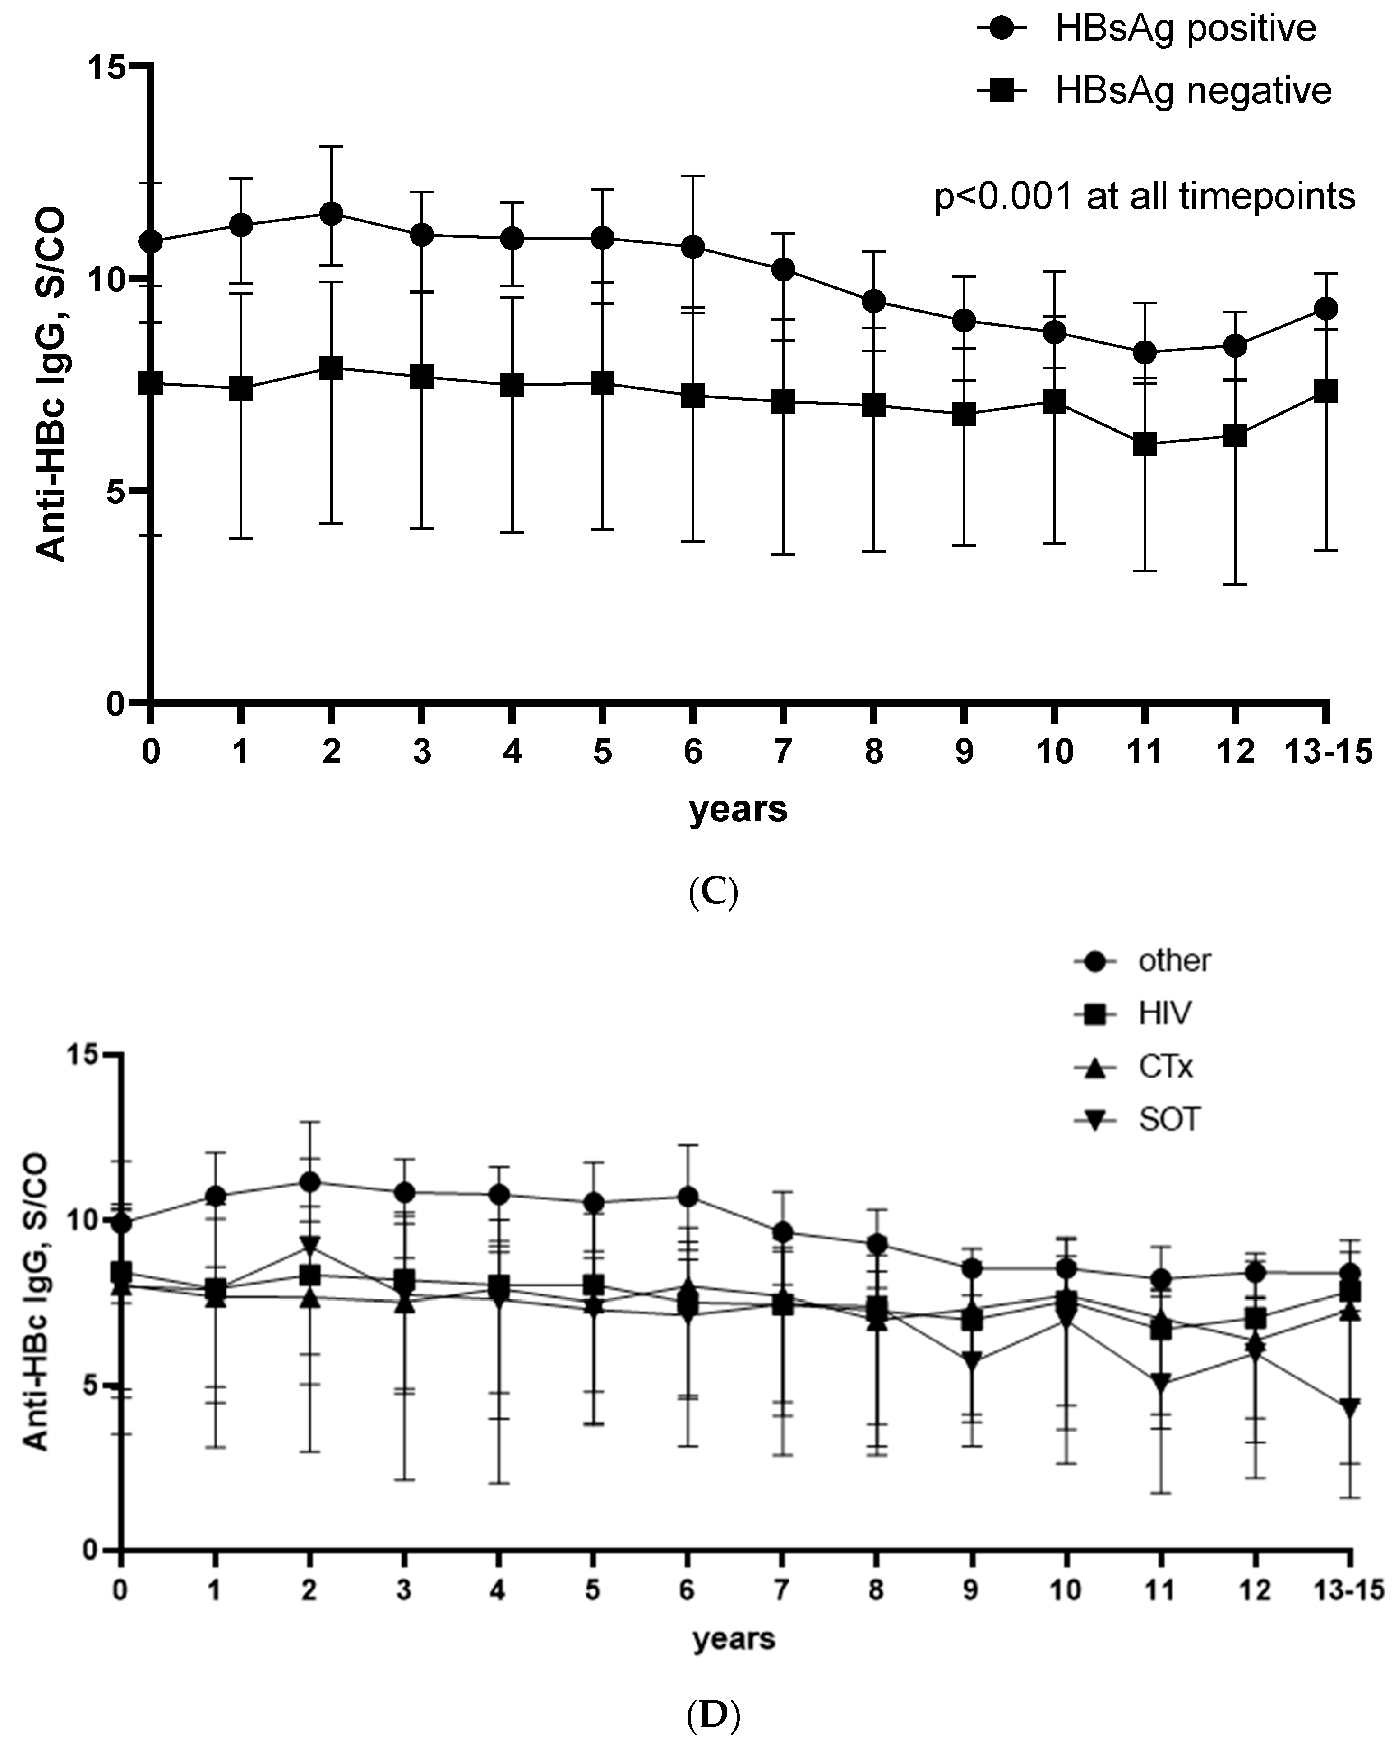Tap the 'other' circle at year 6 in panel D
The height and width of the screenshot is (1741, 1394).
688,1197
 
